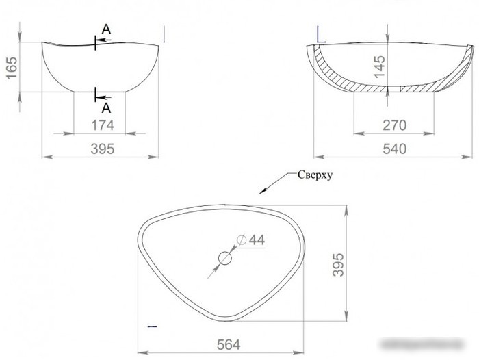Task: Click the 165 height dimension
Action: coord(12,68)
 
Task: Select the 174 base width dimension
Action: coord(103,125)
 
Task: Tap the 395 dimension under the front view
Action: coord(103,149)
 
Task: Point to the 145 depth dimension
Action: coord(379,66)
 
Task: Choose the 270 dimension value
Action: coord(394,125)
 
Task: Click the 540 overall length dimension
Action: coord(394,149)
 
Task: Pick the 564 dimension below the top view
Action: coord(229,345)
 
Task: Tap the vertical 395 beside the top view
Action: coord(338,265)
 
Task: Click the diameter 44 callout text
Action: coord(251,240)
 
